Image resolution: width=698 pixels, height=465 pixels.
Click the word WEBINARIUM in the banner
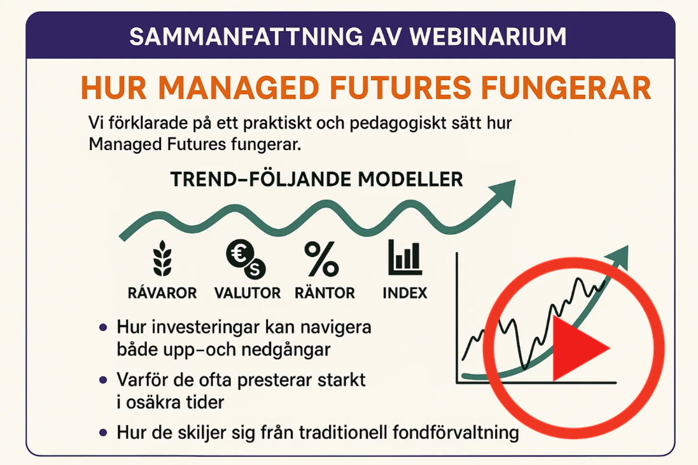pos(488,36)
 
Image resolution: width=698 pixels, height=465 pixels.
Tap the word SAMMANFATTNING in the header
pos(246,36)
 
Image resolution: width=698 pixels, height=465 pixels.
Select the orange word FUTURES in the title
pos(400,88)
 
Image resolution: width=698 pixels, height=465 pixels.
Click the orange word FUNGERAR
pos(566,88)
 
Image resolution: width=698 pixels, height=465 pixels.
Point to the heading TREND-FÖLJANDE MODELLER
pos(316,179)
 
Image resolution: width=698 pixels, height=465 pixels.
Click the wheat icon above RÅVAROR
pos(162,258)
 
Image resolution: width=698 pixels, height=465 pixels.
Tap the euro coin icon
pos(246,258)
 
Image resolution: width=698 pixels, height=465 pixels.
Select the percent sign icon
pos(321,258)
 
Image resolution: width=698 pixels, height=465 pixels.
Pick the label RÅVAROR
pos(162,293)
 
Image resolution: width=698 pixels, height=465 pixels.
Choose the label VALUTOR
pos(248,293)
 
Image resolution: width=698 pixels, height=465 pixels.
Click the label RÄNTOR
pos(325,293)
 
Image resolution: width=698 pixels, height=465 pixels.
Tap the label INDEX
pos(405,293)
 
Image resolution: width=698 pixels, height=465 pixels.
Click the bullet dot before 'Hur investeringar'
pos(103,328)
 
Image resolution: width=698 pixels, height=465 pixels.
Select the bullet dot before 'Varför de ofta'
pos(103,380)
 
